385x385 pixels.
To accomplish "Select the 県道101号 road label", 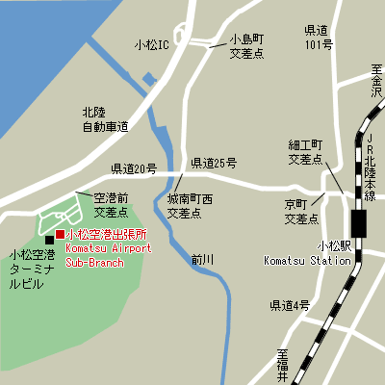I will [318, 38].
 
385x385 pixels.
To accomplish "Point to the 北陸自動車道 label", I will [106, 118].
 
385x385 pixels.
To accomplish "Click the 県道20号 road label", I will [133, 168].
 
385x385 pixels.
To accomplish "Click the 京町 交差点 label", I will [301, 212].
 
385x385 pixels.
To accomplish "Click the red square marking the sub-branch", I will [60, 235].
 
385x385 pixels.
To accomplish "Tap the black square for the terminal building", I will [49, 240].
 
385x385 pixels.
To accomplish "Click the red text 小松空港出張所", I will [106, 235].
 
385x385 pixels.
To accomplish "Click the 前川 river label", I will [201, 259].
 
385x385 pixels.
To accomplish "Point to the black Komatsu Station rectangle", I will [359, 223].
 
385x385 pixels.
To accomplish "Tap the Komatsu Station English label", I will [306, 260].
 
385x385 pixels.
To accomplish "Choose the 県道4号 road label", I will [289, 305].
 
